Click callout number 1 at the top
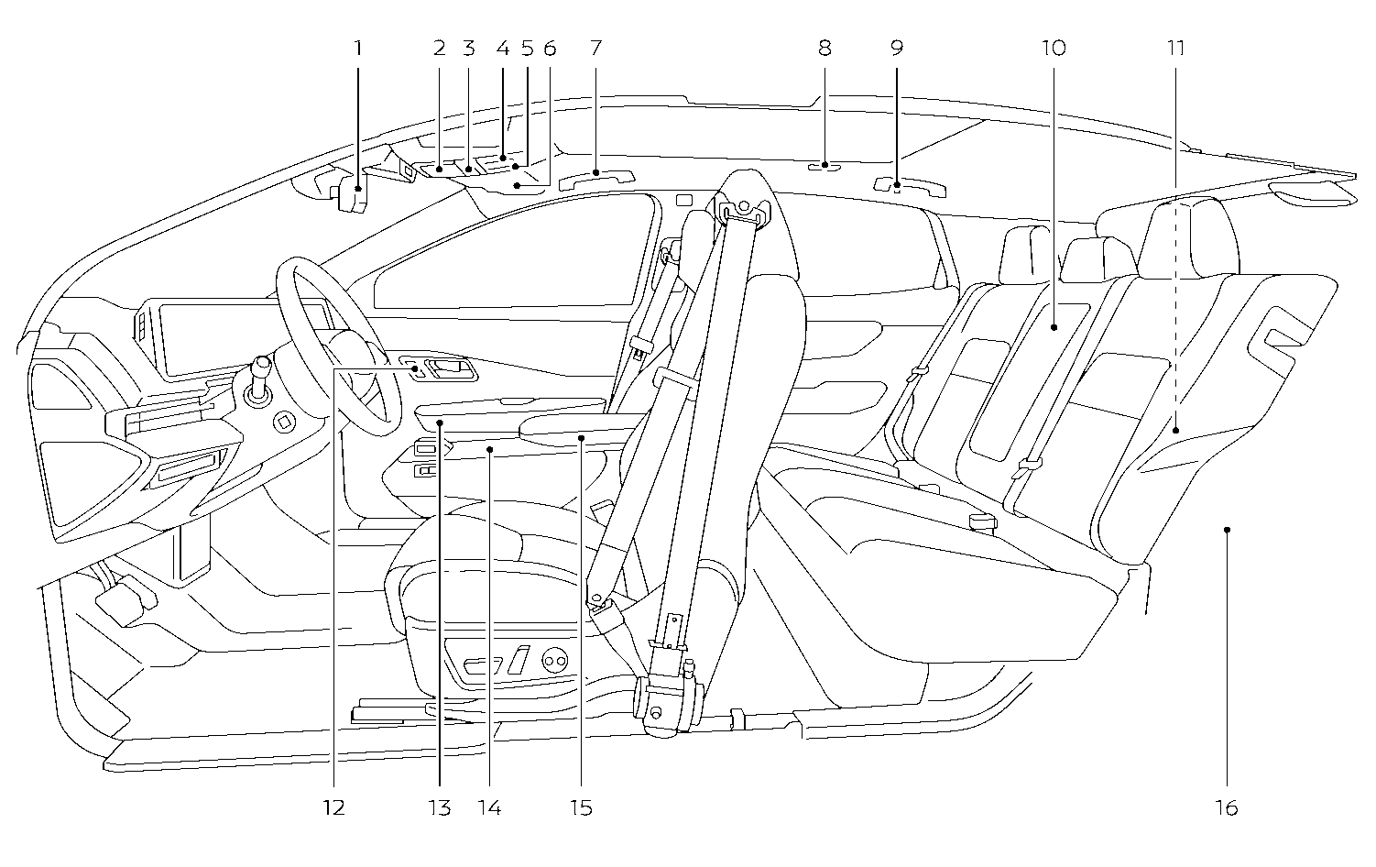coord(358,49)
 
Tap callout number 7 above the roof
coord(595,49)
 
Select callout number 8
coord(825,49)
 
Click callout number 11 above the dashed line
coord(1176,49)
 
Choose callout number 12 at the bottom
coord(333,807)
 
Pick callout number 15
coord(581,807)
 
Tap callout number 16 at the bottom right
coord(1227,807)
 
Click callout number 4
coord(503,49)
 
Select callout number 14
coord(489,807)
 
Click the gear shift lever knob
coord(261,365)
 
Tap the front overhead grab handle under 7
coord(595,179)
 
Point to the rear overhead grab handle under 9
coord(907,186)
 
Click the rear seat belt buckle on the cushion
coord(981,522)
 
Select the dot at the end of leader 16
coord(1227,529)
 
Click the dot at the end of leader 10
coord(1054,326)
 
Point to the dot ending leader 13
coord(441,423)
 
